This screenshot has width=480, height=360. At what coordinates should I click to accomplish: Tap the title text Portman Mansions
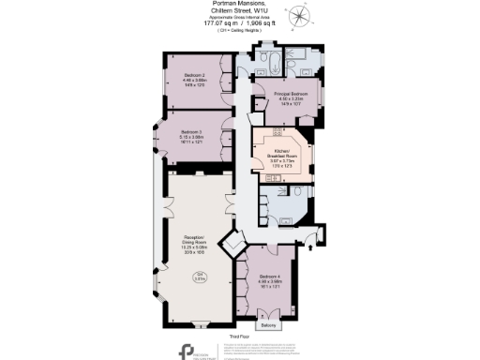click(239, 4)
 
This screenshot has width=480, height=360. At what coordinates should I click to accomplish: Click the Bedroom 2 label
click(195, 74)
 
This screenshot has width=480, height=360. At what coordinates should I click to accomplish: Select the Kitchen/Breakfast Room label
click(281, 156)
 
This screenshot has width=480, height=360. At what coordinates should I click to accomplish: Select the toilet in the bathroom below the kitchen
click(294, 193)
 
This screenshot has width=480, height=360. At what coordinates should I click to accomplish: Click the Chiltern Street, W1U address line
click(240, 13)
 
